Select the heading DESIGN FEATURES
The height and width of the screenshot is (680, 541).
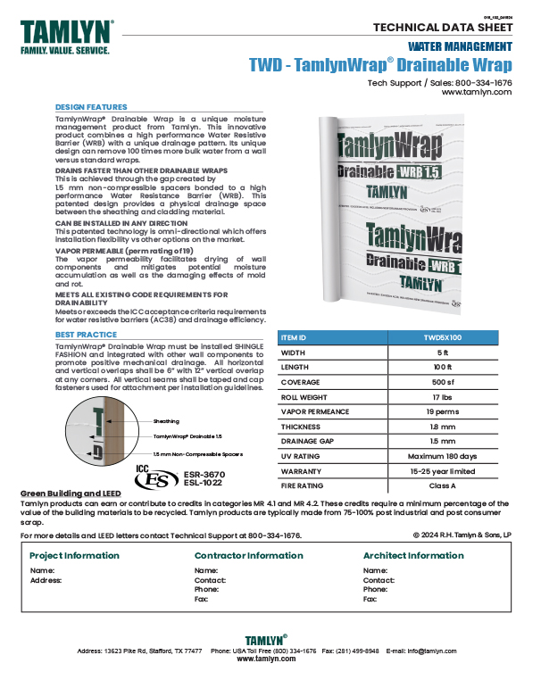(x=91, y=106)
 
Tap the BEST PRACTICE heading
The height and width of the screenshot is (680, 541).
(x=86, y=335)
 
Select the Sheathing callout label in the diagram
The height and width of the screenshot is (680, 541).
(x=165, y=420)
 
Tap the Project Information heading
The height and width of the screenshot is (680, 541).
(x=74, y=555)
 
